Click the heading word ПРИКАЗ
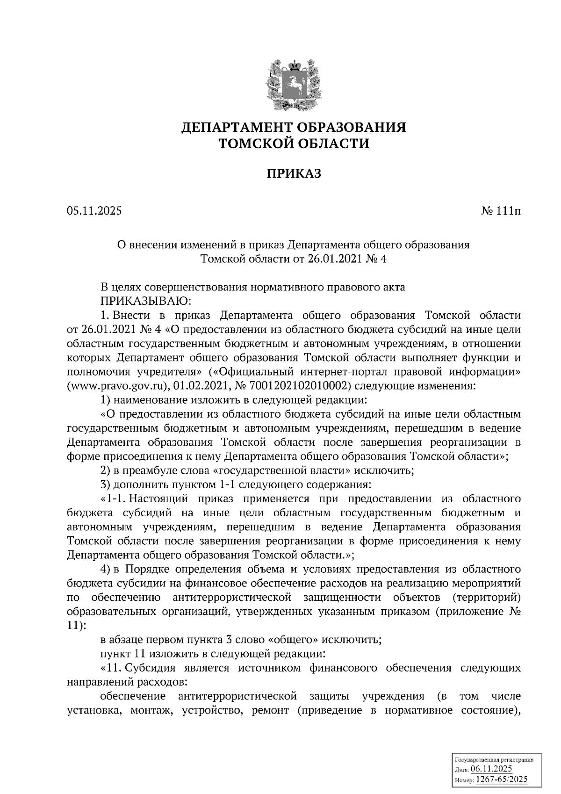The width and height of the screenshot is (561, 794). [x=294, y=174]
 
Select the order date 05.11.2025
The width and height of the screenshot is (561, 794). [x=94, y=211]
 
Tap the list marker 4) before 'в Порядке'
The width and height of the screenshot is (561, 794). [x=105, y=569]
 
